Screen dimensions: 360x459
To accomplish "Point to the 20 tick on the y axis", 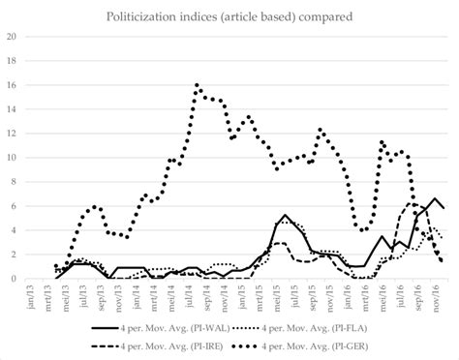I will (13, 37).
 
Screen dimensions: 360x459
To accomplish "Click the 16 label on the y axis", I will (13, 85).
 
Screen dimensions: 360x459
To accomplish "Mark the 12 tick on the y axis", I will (13, 134).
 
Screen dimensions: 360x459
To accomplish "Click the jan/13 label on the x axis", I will (39, 296).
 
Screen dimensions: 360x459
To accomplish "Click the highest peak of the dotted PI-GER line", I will (197, 85).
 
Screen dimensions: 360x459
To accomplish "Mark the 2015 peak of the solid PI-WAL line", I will (285, 215).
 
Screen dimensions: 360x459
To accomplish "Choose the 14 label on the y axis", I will (13, 109).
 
